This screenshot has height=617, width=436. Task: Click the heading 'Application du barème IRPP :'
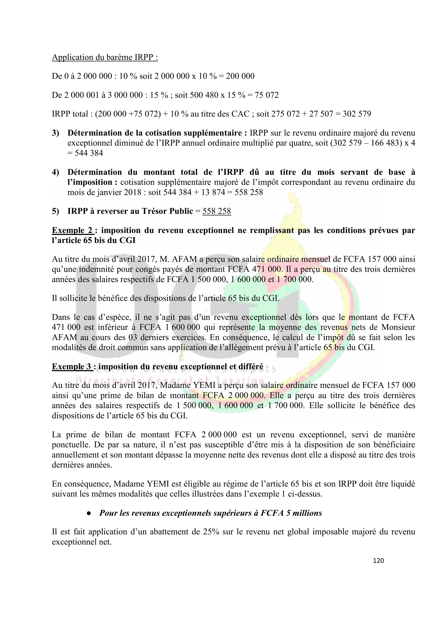click(105, 57)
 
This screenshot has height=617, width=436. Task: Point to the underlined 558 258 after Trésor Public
click(217, 211)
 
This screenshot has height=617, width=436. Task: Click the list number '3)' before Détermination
click(55, 133)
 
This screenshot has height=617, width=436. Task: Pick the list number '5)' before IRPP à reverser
click(55, 211)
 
